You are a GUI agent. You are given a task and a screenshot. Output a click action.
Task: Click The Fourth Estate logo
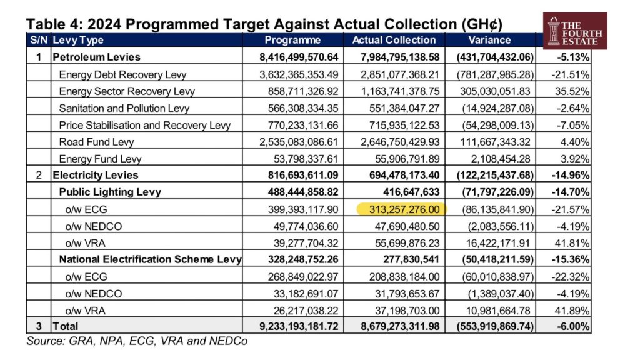click(x=575, y=31)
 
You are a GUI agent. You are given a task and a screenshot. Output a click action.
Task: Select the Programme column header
click(x=292, y=40)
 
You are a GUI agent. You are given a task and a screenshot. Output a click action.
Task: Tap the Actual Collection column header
click(x=394, y=40)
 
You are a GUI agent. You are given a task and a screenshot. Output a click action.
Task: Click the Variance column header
click(x=489, y=40)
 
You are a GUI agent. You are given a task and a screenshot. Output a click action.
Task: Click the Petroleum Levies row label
click(x=96, y=57)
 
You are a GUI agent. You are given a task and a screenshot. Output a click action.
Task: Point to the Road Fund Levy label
click(x=96, y=142)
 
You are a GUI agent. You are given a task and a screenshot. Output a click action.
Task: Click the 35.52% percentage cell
click(x=572, y=91)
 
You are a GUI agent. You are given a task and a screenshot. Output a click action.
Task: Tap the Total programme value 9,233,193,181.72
click(x=299, y=326)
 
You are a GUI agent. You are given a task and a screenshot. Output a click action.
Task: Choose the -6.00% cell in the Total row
click(x=573, y=326)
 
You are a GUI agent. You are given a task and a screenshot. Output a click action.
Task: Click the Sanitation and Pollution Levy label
click(x=124, y=108)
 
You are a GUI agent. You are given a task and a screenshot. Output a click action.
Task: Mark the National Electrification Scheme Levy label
click(x=150, y=259)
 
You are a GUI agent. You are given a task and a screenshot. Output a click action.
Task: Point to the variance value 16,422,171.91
click(x=498, y=243)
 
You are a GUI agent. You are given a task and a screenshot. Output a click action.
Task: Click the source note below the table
click(x=137, y=341)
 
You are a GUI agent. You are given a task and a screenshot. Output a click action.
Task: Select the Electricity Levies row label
click(x=96, y=175)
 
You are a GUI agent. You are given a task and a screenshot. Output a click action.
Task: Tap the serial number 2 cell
click(x=39, y=175)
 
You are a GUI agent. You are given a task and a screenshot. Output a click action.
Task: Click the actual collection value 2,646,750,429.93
click(x=400, y=142)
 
